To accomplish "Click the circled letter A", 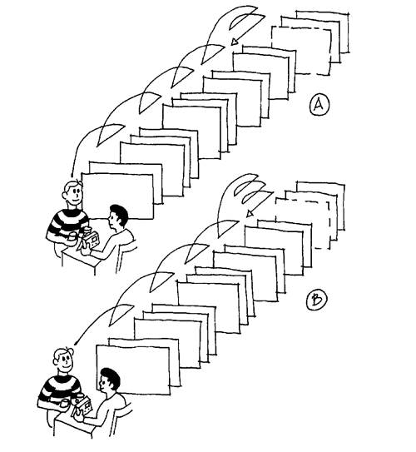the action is tap(319, 106).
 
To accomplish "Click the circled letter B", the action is tap(317, 301).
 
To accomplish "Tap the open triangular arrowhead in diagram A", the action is tap(235, 42).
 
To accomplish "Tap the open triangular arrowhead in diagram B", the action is tap(250, 214).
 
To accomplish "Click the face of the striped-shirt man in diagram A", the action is tap(74, 194).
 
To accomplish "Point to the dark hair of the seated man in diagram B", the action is tap(110, 376).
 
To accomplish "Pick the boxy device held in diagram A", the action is tap(90, 240).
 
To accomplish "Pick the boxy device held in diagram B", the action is tap(83, 405).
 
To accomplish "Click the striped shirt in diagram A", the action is tap(67, 224).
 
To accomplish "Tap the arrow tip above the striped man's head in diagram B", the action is tap(75, 344).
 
